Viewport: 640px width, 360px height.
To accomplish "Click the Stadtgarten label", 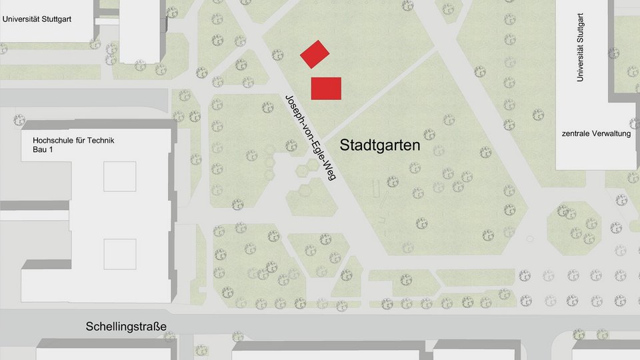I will pos(380,145).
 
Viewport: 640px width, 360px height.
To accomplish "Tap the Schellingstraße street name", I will pos(126,327).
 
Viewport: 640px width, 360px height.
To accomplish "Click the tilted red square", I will pos(315,54).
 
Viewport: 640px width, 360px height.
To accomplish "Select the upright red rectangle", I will pos(326,88).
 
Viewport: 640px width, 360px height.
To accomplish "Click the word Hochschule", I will pos(55,140).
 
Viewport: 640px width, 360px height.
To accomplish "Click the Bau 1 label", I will pos(42,150).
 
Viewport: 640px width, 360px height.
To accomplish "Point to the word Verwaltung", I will pos(612,134).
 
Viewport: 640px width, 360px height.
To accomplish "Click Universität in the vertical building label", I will pos(580,63).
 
